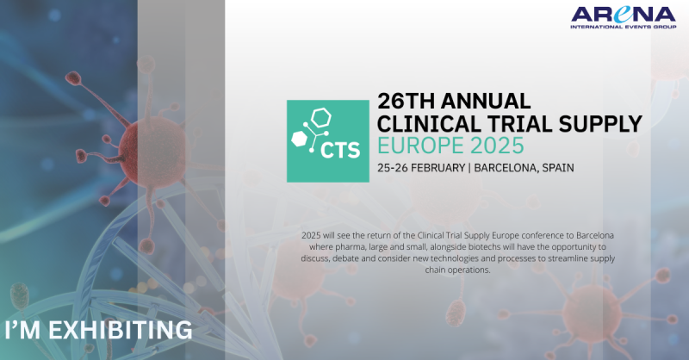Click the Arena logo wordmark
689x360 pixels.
(x=623, y=15)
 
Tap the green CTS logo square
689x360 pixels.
(x=328, y=141)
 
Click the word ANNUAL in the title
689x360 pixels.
(x=486, y=101)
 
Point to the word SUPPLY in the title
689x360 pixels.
(x=600, y=124)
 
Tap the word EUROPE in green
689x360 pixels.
(x=420, y=146)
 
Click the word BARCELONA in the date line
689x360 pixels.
(x=506, y=168)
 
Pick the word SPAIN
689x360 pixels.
(x=558, y=168)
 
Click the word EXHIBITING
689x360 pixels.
(x=120, y=330)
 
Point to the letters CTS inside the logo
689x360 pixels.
(x=340, y=150)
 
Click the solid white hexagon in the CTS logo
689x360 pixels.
(x=299, y=138)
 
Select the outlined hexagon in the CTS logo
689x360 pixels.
(x=320, y=117)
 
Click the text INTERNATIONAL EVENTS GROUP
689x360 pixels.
(x=623, y=27)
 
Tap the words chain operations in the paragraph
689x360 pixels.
(x=457, y=270)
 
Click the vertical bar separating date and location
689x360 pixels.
(x=469, y=168)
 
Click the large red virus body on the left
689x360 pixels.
(x=152, y=151)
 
